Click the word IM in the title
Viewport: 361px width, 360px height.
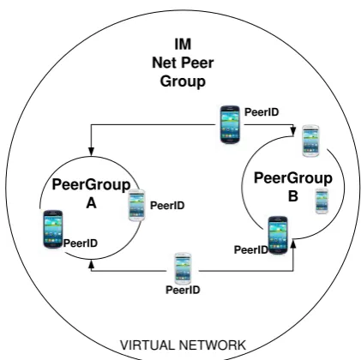click(183, 44)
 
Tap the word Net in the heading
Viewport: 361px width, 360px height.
click(165, 63)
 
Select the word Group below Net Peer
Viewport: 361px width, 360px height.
click(183, 81)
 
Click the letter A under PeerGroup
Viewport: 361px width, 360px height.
click(91, 203)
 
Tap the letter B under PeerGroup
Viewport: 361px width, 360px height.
click(293, 196)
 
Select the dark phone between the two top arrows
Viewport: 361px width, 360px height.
click(230, 124)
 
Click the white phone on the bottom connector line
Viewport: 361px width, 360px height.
click(183, 268)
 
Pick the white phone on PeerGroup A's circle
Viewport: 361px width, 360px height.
click(137, 205)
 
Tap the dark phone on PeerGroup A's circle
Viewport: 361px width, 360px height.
click(53, 229)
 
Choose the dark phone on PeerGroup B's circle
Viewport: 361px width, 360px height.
click(278, 235)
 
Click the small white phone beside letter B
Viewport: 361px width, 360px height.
click(322, 201)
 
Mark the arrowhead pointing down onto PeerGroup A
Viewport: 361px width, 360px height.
click(91, 152)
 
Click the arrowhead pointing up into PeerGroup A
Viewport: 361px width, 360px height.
click(91, 265)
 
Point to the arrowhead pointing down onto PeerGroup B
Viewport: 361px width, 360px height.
click(293, 131)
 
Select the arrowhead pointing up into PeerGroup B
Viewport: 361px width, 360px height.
click(293, 244)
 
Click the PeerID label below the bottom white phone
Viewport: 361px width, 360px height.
click(183, 290)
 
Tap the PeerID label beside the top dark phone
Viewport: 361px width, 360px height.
click(262, 112)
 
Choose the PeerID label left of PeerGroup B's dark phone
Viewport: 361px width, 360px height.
click(251, 250)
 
